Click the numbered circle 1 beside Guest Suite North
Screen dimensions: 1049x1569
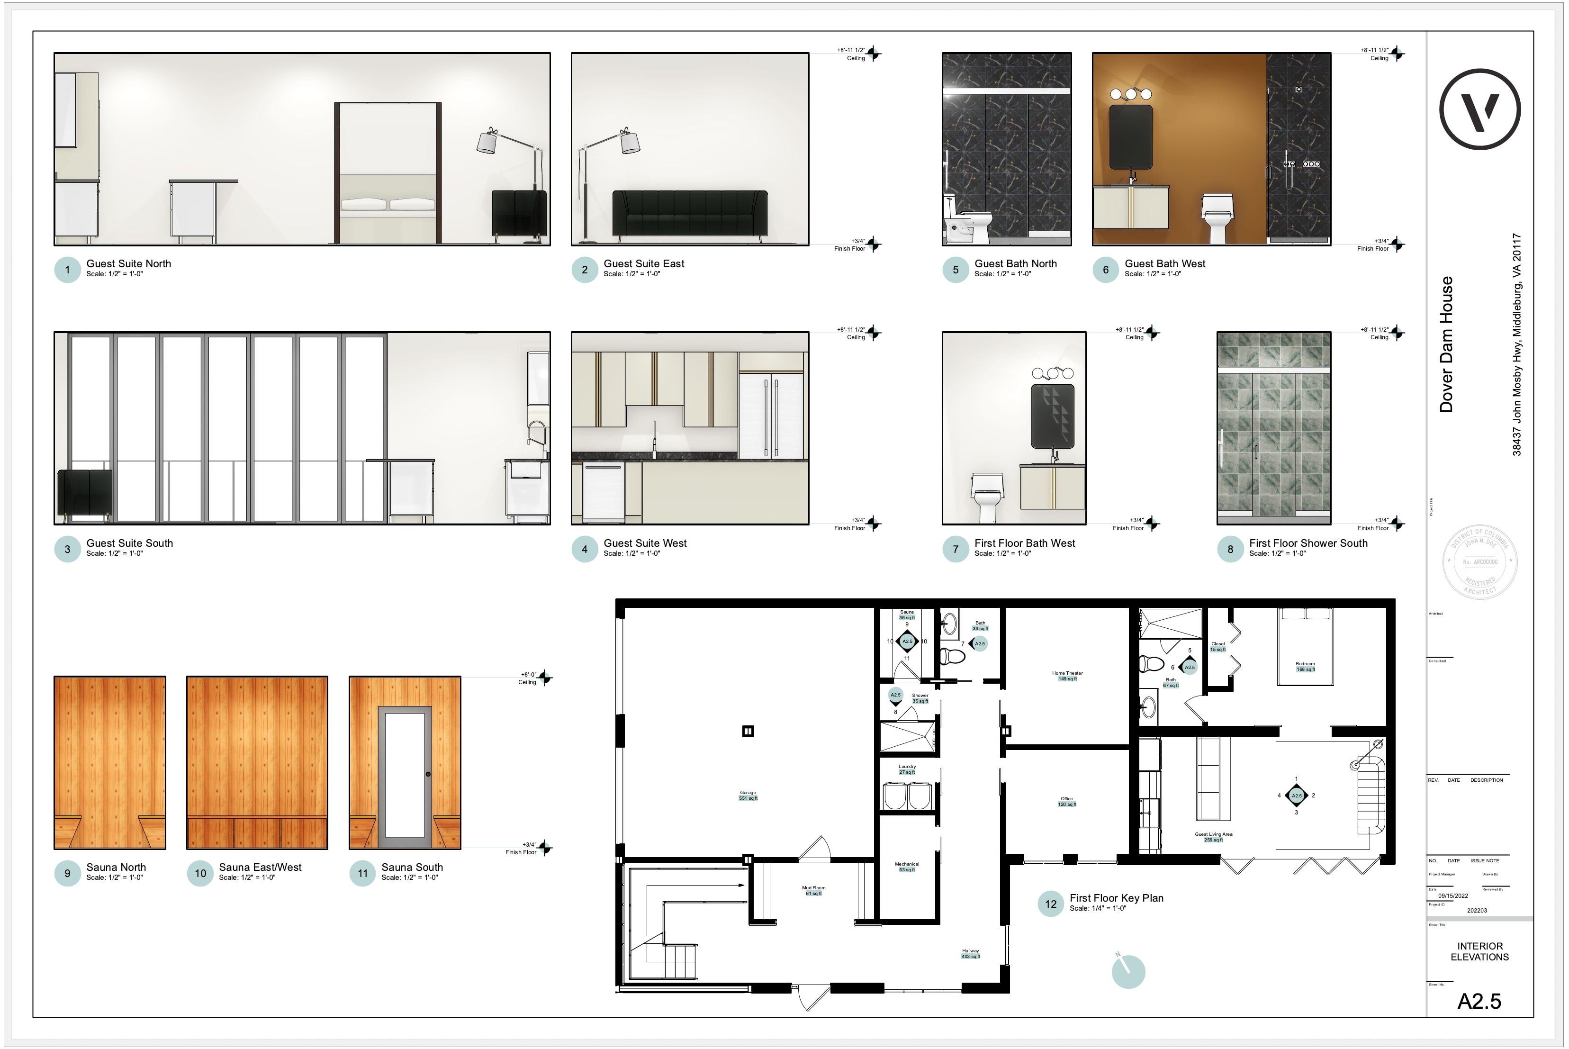(67, 270)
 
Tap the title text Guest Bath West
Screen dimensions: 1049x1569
(1164, 263)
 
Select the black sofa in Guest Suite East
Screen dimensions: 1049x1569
(690, 213)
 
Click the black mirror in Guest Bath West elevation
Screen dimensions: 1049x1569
(1130, 136)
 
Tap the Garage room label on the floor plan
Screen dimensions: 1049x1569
(748, 795)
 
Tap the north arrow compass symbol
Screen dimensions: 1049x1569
(1128, 970)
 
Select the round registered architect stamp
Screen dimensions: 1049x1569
(1480, 562)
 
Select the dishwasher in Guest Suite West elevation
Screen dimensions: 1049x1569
(603, 492)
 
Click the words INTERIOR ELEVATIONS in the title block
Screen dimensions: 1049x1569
(1479, 951)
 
